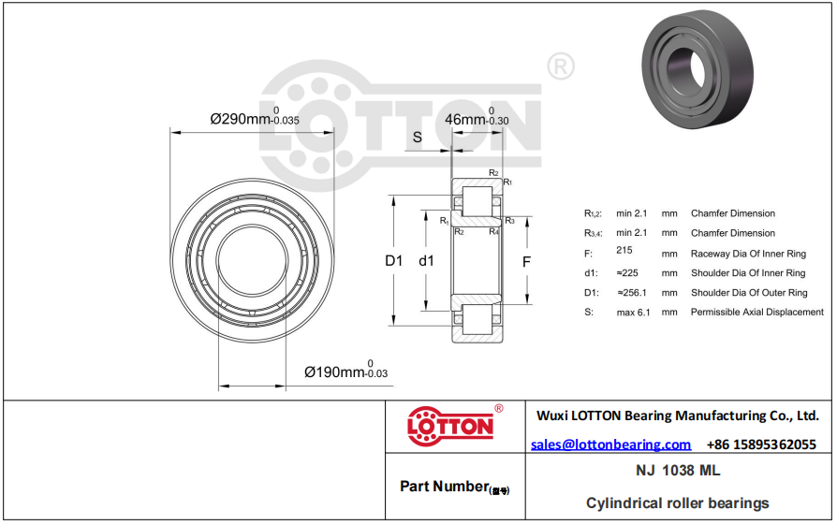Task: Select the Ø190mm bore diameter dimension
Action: pos(345,371)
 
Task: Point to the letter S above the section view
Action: pos(418,138)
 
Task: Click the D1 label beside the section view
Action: pos(394,260)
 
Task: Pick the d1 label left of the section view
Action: pos(427,260)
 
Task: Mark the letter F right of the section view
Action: pos(526,262)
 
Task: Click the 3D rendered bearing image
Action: pos(697,69)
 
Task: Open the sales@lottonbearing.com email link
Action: pos(610,445)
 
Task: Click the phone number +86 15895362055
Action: pos(761,445)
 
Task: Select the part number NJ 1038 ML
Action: pos(678,471)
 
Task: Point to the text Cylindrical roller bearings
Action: pos(678,503)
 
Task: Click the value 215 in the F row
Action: pos(624,250)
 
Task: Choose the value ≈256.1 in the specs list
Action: pos(632,292)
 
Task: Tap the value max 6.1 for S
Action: pos(633,313)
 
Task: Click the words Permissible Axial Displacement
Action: pos(756,312)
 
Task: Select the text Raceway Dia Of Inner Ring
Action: pos(748,254)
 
